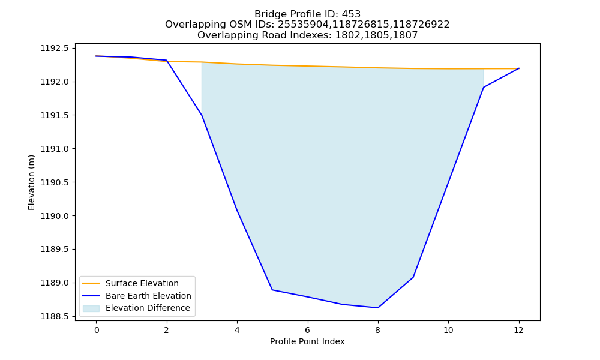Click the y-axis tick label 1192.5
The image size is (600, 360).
(55, 48)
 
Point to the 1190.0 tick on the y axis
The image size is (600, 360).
(55, 216)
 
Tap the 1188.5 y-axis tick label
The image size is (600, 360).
(55, 317)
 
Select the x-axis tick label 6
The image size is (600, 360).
(308, 330)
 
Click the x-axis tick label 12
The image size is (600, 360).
(518, 330)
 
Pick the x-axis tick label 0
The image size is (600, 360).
(97, 330)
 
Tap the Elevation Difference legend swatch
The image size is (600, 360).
(91, 308)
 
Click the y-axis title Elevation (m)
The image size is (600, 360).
(31, 182)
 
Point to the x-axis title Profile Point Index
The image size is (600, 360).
(307, 341)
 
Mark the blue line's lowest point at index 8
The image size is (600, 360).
(378, 308)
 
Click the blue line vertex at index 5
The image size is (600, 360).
(272, 290)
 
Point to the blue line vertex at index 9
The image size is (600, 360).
(413, 277)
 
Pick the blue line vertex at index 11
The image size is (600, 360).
(484, 87)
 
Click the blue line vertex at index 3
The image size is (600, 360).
(202, 115)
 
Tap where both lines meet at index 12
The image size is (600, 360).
(519, 68)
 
